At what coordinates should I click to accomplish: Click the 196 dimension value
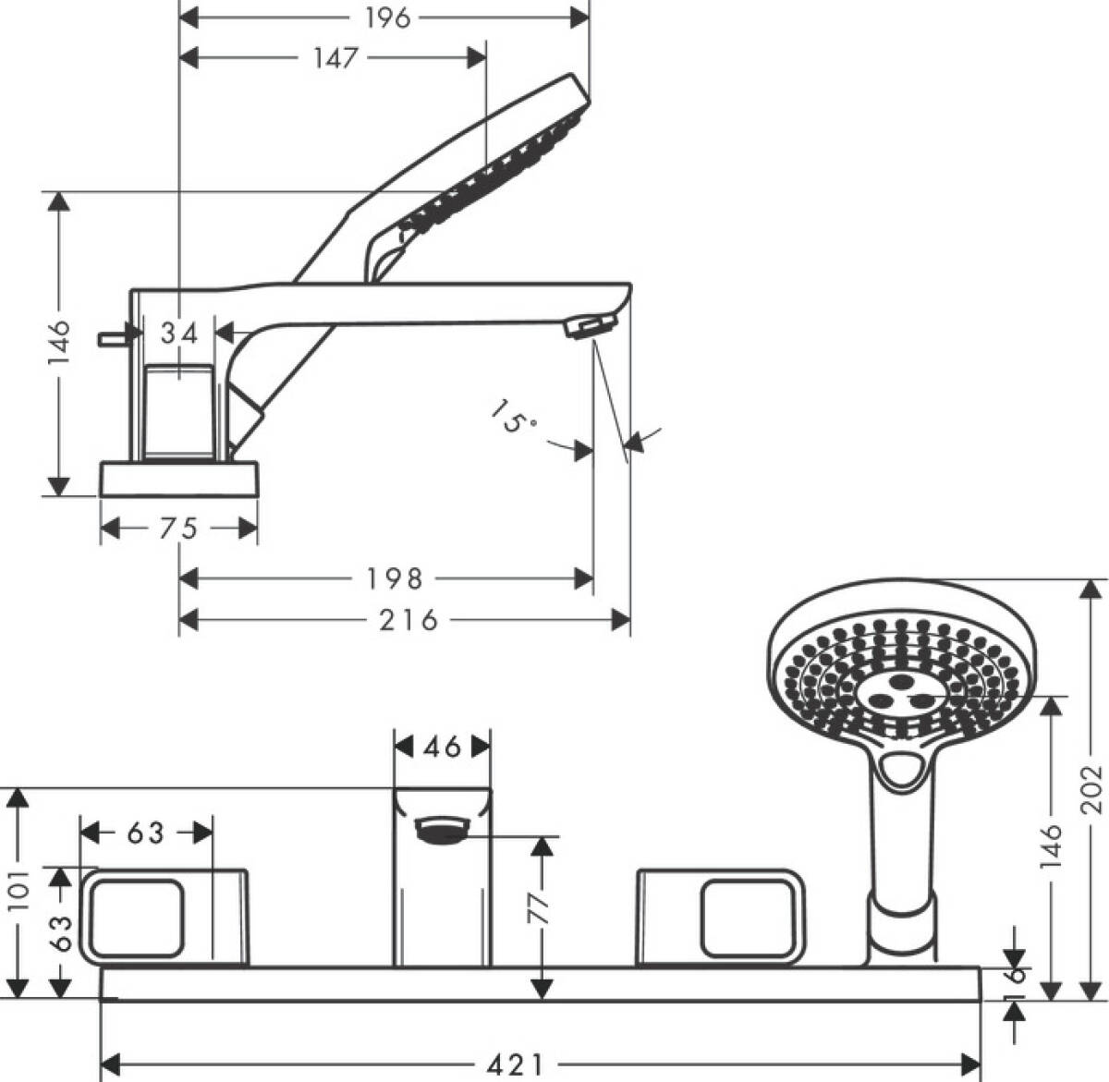pyautogui.click(x=388, y=18)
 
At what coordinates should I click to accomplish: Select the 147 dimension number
pyautogui.click(x=336, y=57)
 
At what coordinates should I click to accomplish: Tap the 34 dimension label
pyautogui.click(x=179, y=334)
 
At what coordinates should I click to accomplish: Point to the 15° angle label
pyautogui.click(x=513, y=417)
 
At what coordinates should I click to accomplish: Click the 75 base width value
pyautogui.click(x=178, y=529)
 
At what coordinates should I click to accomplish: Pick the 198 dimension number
pyautogui.click(x=395, y=579)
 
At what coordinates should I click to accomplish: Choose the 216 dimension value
pyautogui.click(x=408, y=620)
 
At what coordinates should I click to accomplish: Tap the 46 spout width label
pyautogui.click(x=443, y=747)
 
